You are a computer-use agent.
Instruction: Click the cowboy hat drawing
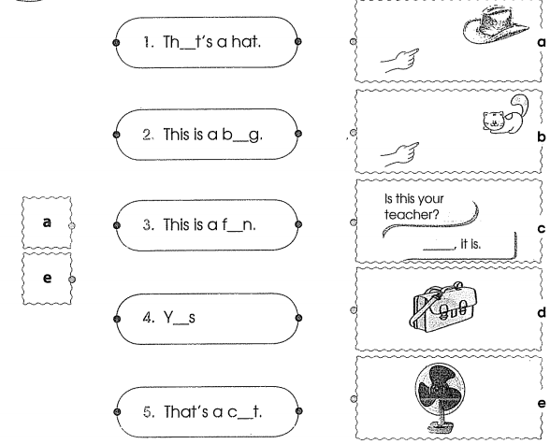tap(496, 25)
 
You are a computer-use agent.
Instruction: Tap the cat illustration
tap(505, 115)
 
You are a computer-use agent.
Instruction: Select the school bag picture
tap(443, 307)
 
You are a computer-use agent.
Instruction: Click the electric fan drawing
tap(441, 397)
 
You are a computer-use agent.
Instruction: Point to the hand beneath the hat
tap(400, 60)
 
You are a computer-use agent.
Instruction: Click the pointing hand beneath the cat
tap(400, 154)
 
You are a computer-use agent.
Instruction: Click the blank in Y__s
tap(181, 323)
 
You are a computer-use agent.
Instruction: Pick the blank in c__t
tap(245, 417)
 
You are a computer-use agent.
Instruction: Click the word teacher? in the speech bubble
tap(412, 214)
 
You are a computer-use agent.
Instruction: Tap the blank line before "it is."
tap(438, 249)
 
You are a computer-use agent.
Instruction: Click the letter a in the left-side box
tap(47, 222)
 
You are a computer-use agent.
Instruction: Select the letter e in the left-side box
tap(47, 278)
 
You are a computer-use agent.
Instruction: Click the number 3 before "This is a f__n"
tap(147, 225)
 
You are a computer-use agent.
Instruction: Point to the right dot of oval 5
tap(299, 411)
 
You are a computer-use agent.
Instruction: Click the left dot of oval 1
tap(117, 42)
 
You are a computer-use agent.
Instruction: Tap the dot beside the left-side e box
tap(72, 279)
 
